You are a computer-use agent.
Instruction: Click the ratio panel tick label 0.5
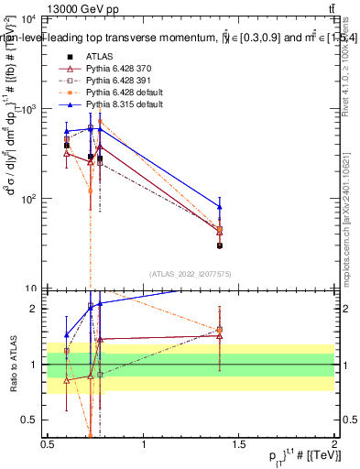point(30,420)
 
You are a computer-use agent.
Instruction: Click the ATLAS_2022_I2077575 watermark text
point(191,274)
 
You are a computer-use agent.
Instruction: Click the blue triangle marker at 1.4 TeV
point(219,206)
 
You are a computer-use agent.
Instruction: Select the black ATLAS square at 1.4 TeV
point(219,245)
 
